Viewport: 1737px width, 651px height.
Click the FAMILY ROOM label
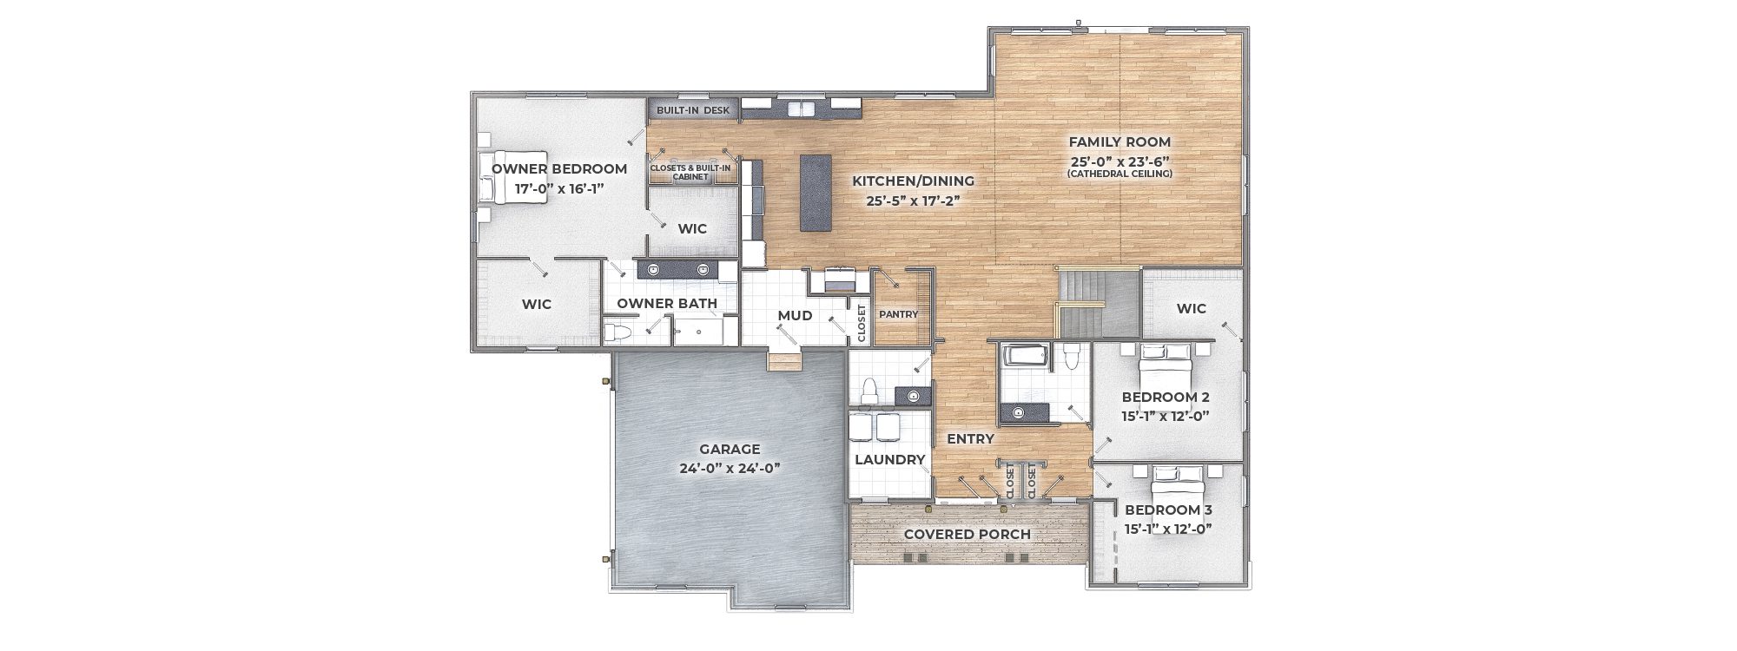1119,141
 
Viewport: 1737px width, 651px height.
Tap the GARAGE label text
730,449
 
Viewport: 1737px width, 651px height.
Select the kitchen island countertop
815,193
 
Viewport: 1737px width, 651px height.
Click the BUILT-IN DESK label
693,110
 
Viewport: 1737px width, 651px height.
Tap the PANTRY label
898,314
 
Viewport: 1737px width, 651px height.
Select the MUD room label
795,315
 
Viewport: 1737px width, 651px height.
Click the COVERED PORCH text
967,534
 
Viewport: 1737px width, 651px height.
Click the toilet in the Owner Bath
618,332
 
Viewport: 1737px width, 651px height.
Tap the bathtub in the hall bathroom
1026,358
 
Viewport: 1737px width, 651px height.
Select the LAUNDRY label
890,459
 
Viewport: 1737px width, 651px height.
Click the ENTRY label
970,439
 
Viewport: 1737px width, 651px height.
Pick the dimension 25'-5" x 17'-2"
913,201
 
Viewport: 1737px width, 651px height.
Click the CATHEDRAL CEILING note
1120,174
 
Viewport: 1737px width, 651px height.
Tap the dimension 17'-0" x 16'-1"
559,187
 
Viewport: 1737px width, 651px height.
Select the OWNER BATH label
667,303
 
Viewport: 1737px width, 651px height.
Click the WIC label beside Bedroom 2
1192,308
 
